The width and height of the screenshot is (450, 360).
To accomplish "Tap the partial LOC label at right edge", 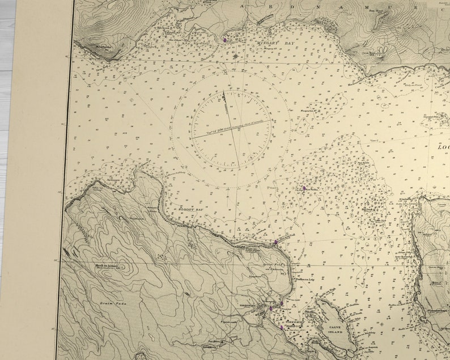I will coord(443,146).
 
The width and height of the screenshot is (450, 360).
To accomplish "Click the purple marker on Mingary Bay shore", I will coord(225,40).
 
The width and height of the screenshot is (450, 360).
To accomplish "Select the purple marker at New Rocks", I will coord(304,188).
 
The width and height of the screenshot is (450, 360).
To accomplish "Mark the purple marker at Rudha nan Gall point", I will coord(276,242).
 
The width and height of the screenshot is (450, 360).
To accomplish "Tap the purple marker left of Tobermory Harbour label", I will coord(271,308).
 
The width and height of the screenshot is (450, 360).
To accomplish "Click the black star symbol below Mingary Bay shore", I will coord(236,56).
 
